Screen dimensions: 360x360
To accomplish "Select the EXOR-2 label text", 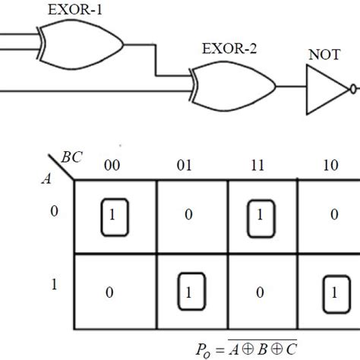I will pyautogui.click(x=229, y=51).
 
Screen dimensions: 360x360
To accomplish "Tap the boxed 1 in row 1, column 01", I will pyautogui.click(x=187, y=292).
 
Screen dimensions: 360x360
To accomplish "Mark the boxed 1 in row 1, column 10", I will pyautogui.click(x=331, y=292).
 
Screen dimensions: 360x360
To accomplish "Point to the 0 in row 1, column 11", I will pyautogui.click(x=259, y=292).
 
